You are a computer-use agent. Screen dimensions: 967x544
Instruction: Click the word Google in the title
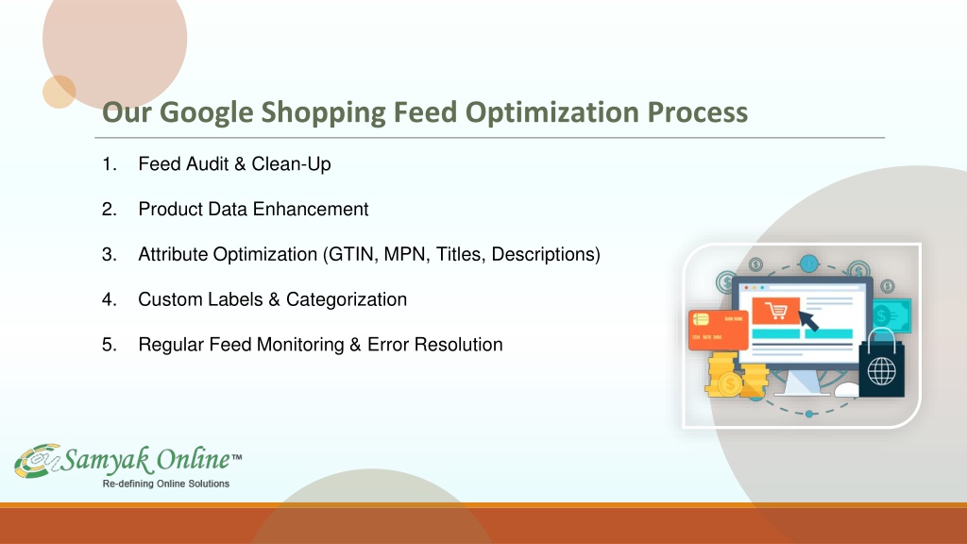pyautogui.click(x=206, y=113)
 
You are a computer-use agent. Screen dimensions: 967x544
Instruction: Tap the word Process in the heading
pyautogui.click(x=698, y=112)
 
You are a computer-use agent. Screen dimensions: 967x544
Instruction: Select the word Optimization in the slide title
pyautogui.click(x=551, y=113)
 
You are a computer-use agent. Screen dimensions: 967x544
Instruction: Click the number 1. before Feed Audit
pyautogui.click(x=110, y=164)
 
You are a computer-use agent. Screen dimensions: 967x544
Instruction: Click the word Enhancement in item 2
pyautogui.click(x=311, y=209)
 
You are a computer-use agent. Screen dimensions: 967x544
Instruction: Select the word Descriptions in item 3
pyautogui.click(x=543, y=254)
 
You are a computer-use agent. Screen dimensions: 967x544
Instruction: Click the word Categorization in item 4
pyautogui.click(x=347, y=299)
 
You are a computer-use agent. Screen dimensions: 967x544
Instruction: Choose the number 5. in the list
pyautogui.click(x=110, y=344)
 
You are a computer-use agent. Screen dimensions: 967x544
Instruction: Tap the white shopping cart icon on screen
pyautogui.click(x=776, y=311)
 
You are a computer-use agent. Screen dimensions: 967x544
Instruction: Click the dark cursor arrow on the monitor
pyautogui.click(x=808, y=321)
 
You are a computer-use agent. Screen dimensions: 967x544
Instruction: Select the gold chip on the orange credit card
pyautogui.click(x=701, y=319)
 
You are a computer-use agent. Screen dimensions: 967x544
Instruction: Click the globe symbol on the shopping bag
pyautogui.click(x=881, y=371)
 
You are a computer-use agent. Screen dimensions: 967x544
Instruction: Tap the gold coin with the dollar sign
pyautogui.click(x=730, y=384)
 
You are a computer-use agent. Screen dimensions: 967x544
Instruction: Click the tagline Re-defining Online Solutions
pyautogui.click(x=166, y=484)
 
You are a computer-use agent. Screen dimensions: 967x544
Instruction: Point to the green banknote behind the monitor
pyautogui.click(x=891, y=315)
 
